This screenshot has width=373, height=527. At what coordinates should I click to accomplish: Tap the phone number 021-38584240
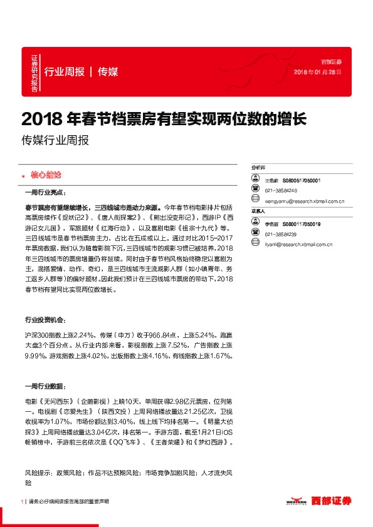pyautogui.click(x=281, y=190)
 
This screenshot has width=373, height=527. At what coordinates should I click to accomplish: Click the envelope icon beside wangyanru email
pyautogui.click(x=256, y=201)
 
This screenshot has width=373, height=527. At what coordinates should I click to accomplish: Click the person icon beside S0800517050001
pyautogui.click(x=256, y=180)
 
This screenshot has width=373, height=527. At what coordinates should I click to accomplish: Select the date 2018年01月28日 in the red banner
pyautogui.click(x=317, y=73)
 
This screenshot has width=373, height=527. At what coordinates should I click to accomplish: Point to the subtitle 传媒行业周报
pyautogui.click(x=55, y=141)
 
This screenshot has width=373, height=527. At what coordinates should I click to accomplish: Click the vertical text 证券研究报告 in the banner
pyautogui.click(x=35, y=72)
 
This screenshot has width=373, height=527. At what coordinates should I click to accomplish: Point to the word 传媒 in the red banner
pyautogui.click(x=108, y=71)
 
